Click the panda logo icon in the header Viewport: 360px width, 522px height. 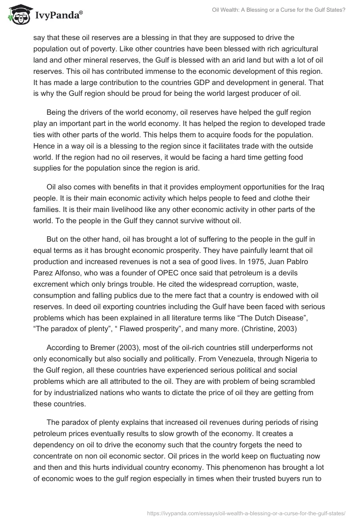click(17, 15)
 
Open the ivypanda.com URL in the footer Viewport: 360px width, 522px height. click(246, 513)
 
